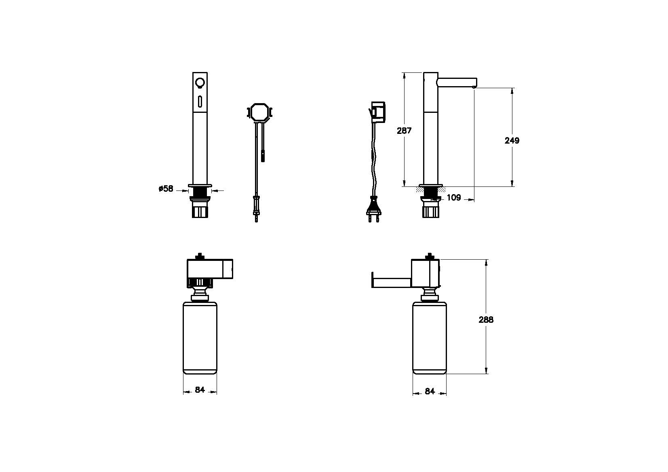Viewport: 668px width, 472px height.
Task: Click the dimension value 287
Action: click(x=404, y=131)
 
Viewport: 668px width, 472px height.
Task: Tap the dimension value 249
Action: click(x=512, y=140)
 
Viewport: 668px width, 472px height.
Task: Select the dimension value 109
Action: click(x=454, y=197)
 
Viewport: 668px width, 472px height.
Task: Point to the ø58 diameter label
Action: click(x=166, y=188)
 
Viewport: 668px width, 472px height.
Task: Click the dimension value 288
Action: click(x=486, y=320)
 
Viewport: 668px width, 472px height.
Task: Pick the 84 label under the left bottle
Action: click(x=200, y=389)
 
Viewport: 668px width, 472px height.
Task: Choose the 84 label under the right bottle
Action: click(x=430, y=391)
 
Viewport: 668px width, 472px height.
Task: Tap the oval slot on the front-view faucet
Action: click(x=200, y=102)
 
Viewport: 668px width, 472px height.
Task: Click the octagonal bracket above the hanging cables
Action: click(x=259, y=113)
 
